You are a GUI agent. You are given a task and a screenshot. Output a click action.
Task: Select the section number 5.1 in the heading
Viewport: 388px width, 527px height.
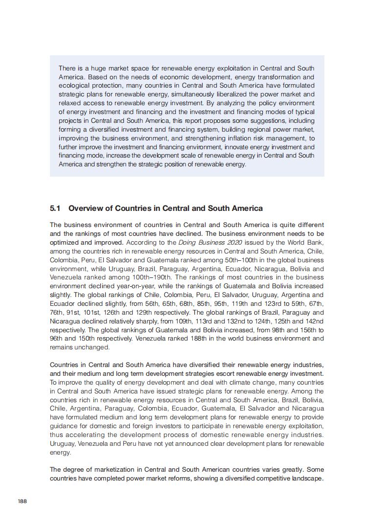55,208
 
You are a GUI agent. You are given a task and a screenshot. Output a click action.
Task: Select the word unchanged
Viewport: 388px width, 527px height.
92,347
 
